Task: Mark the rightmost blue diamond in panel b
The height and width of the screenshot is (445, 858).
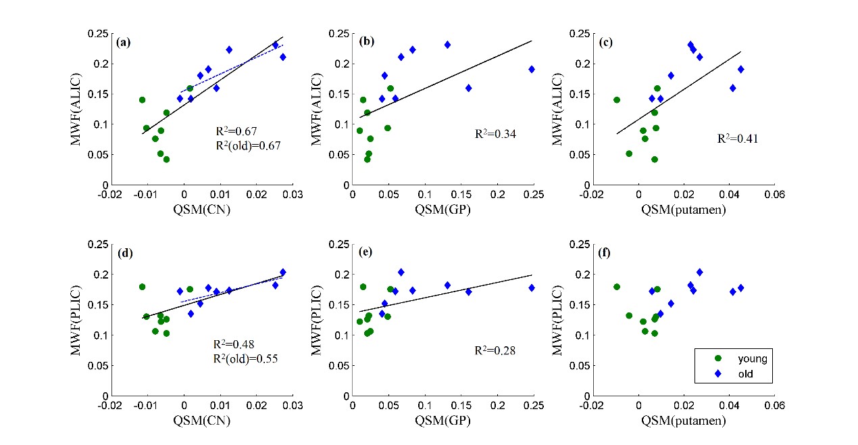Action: pos(532,69)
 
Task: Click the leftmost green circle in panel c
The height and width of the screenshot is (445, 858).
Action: pos(616,100)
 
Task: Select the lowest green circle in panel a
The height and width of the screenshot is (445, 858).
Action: pos(166,160)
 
